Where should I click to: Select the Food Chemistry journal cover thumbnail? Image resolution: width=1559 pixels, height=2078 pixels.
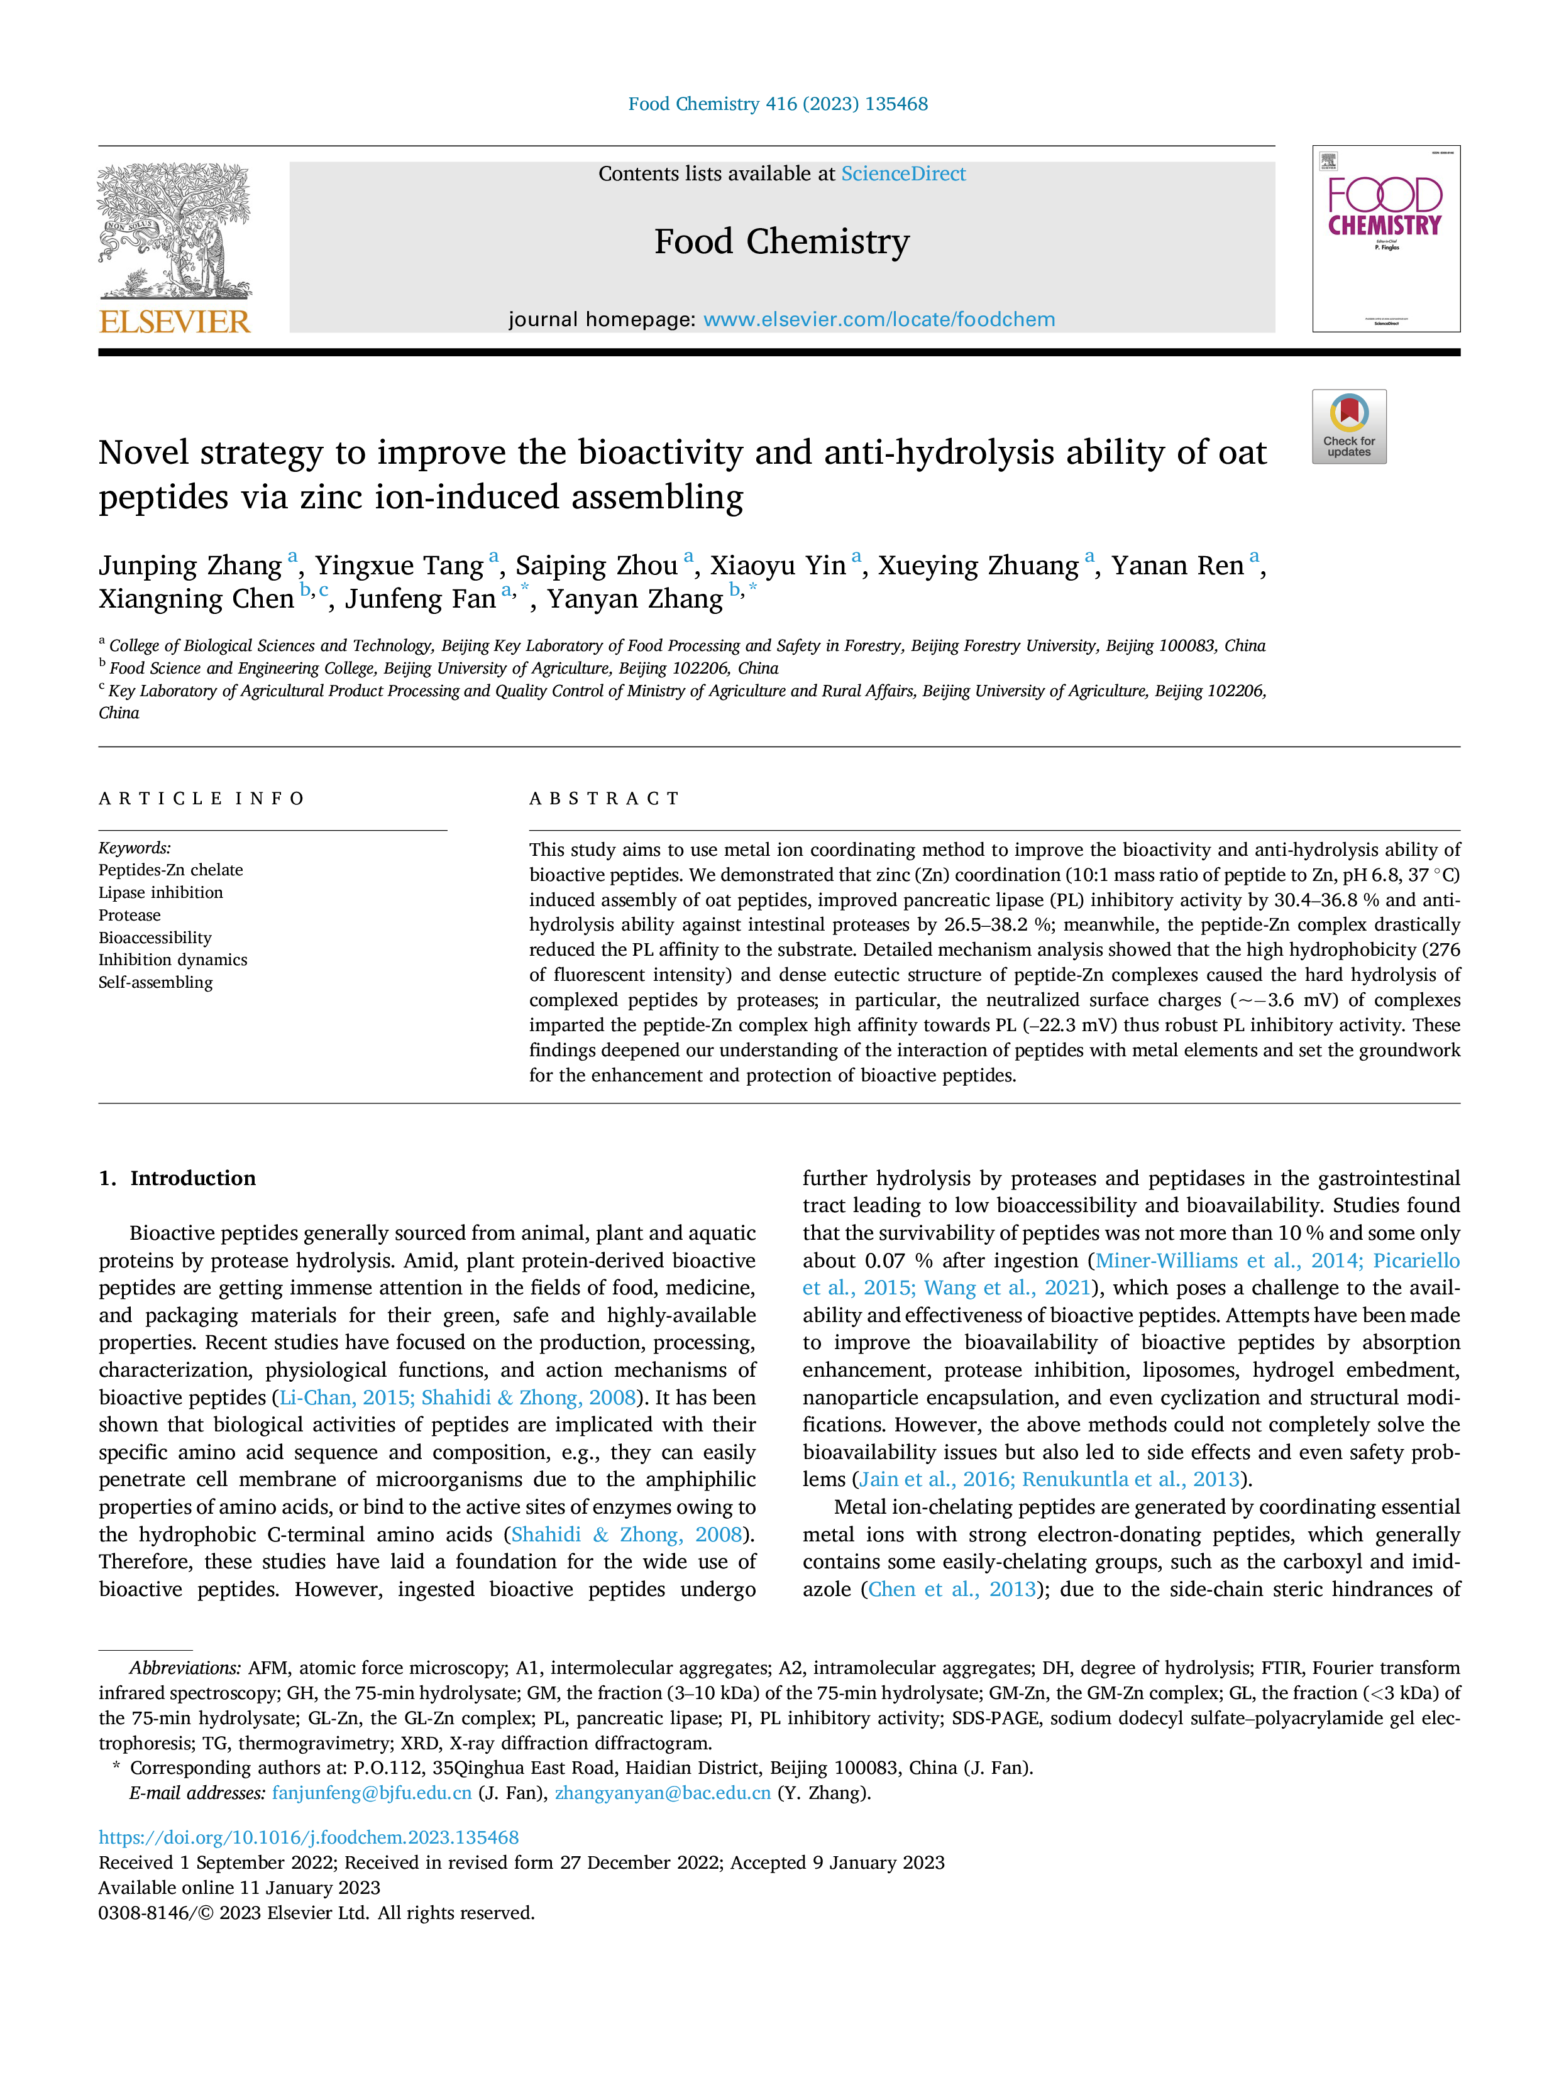coord(1386,239)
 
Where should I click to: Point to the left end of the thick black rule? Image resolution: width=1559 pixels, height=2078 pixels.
coord(99,353)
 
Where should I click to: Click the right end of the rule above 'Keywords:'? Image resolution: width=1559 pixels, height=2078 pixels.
coord(448,831)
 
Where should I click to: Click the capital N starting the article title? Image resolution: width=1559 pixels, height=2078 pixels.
coord(112,453)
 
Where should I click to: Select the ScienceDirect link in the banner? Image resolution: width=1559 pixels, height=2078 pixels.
coord(903,174)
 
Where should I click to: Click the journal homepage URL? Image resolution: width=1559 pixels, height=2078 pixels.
coord(879,319)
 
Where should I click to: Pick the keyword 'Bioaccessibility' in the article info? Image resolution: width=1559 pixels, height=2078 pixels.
coord(155,938)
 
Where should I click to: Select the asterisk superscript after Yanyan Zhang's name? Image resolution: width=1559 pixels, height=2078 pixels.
coord(752,589)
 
